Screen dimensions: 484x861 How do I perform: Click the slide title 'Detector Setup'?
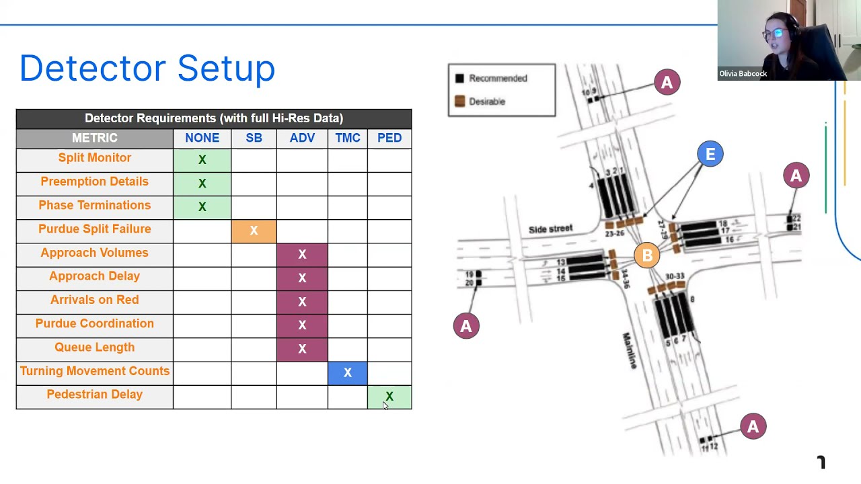click(x=147, y=69)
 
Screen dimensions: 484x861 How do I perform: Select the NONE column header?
click(x=202, y=138)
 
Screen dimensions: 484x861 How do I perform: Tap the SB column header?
click(x=254, y=138)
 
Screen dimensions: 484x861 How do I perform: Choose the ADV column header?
click(x=302, y=138)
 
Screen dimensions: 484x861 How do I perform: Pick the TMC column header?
click(x=348, y=138)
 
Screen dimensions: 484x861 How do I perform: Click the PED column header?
click(x=389, y=138)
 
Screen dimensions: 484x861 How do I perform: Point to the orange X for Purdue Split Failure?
click(x=254, y=231)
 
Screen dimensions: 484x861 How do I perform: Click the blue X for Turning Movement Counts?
click(x=348, y=372)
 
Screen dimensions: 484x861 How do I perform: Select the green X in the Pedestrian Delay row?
click(x=389, y=397)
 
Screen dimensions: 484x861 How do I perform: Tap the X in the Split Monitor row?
click(x=202, y=160)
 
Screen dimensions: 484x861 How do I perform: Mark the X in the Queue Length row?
click(x=302, y=349)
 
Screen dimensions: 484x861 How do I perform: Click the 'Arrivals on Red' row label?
click(x=94, y=300)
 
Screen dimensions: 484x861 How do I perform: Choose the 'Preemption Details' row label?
click(x=94, y=182)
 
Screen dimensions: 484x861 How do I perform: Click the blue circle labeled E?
click(x=710, y=154)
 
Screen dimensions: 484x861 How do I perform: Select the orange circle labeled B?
click(x=647, y=255)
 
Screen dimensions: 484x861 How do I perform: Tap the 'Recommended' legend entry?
click(x=497, y=78)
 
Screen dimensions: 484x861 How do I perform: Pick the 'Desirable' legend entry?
click(x=486, y=102)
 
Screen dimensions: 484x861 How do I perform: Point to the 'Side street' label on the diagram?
click(x=550, y=229)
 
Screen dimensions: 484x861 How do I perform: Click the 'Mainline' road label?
click(x=630, y=350)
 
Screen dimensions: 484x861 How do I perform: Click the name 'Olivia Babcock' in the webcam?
click(x=743, y=74)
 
